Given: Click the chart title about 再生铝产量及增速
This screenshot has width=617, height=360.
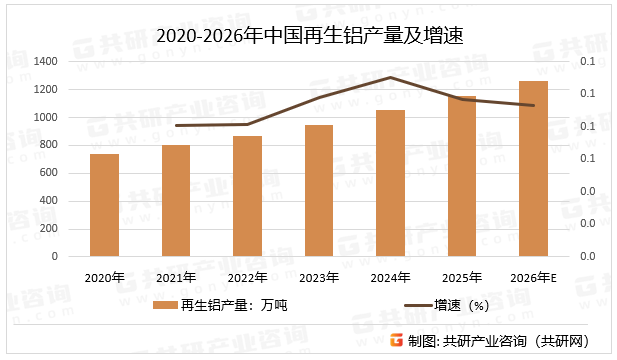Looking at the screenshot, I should (308, 35).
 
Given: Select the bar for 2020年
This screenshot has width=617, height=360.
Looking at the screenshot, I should (104, 205).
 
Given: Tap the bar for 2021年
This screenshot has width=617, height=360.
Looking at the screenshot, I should (176, 200).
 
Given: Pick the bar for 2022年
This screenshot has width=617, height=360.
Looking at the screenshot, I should (247, 196).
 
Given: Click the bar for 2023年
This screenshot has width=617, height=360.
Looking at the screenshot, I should (319, 190).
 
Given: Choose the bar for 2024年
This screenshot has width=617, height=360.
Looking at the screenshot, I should (390, 183).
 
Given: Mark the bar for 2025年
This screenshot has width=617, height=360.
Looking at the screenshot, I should (462, 176).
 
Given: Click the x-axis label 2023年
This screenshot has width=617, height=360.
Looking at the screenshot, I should (319, 277).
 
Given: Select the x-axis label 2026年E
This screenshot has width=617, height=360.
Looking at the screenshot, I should (533, 277).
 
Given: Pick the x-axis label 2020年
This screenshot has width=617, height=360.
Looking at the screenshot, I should (104, 277).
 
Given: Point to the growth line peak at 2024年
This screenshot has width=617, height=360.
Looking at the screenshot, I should (390, 77).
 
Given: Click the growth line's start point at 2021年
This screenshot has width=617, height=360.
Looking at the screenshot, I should (176, 126).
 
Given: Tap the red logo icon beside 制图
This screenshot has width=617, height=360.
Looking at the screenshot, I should (396, 340).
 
